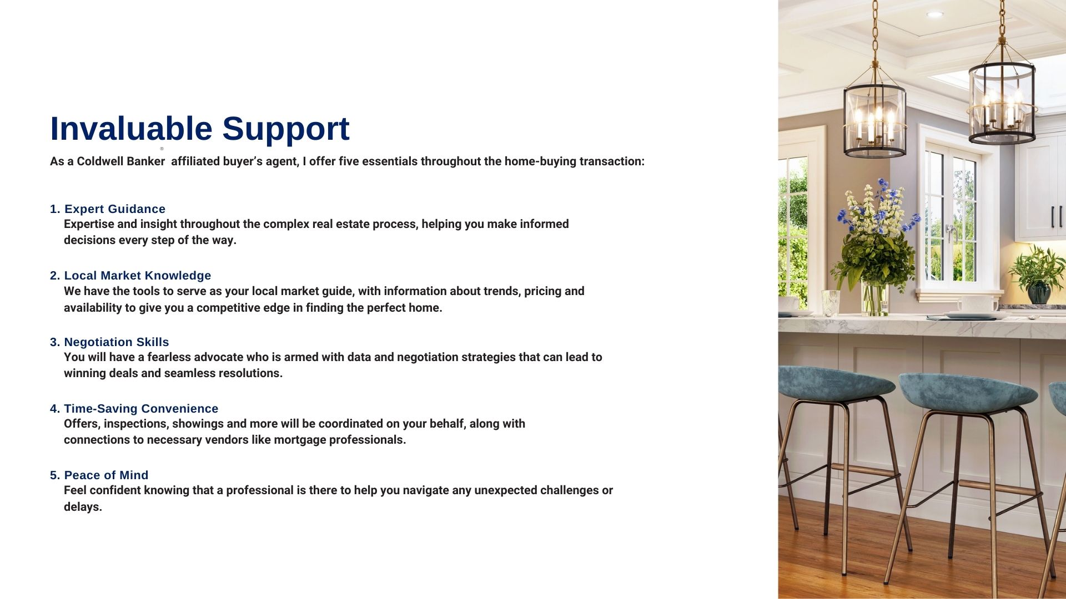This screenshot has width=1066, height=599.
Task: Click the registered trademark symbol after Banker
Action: (x=162, y=149)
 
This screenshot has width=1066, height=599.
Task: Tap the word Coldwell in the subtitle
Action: (x=98, y=161)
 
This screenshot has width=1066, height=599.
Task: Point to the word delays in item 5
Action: (x=83, y=507)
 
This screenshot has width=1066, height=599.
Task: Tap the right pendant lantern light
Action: (x=1002, y=103)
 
